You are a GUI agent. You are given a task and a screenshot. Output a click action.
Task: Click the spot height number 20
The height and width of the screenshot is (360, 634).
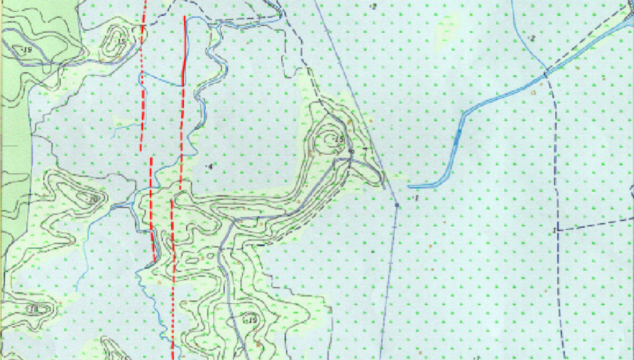(x=93, y=200)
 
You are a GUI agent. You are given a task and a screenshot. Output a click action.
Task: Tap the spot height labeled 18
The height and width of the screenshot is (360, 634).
(x=34, y=309)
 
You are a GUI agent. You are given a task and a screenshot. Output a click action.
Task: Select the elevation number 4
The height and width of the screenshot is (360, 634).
(x=210, y=166)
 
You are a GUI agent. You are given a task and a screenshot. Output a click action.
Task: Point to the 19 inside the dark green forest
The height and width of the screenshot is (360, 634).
(x=28, y=50)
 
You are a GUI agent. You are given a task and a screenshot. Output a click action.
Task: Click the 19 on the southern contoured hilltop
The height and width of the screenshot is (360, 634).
(x=252, y=320)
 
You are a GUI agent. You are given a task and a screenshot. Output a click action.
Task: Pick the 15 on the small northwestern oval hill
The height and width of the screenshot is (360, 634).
(x=121, y=42)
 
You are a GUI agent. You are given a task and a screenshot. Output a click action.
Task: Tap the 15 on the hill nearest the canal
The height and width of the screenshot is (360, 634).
(x=339, y=139)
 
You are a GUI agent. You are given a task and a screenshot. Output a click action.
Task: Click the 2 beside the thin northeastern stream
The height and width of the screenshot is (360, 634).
(x=532, y=38)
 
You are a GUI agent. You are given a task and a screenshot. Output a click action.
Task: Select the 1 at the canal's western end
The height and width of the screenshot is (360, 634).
(x=416, y=198)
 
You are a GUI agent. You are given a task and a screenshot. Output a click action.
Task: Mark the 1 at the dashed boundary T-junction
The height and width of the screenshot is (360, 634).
(x=554, y=231)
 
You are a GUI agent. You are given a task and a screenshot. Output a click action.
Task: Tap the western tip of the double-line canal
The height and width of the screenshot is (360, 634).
(x=409, y=187)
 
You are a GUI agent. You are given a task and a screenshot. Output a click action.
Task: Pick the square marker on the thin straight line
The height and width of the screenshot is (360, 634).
(x=397, y=206)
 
